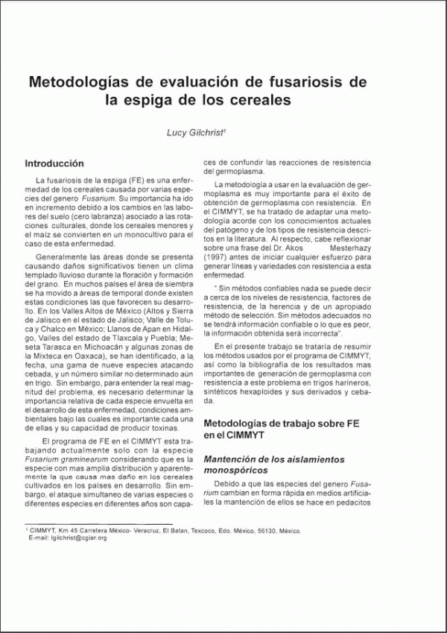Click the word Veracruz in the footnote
pyautogui.click(x=135, y=531)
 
